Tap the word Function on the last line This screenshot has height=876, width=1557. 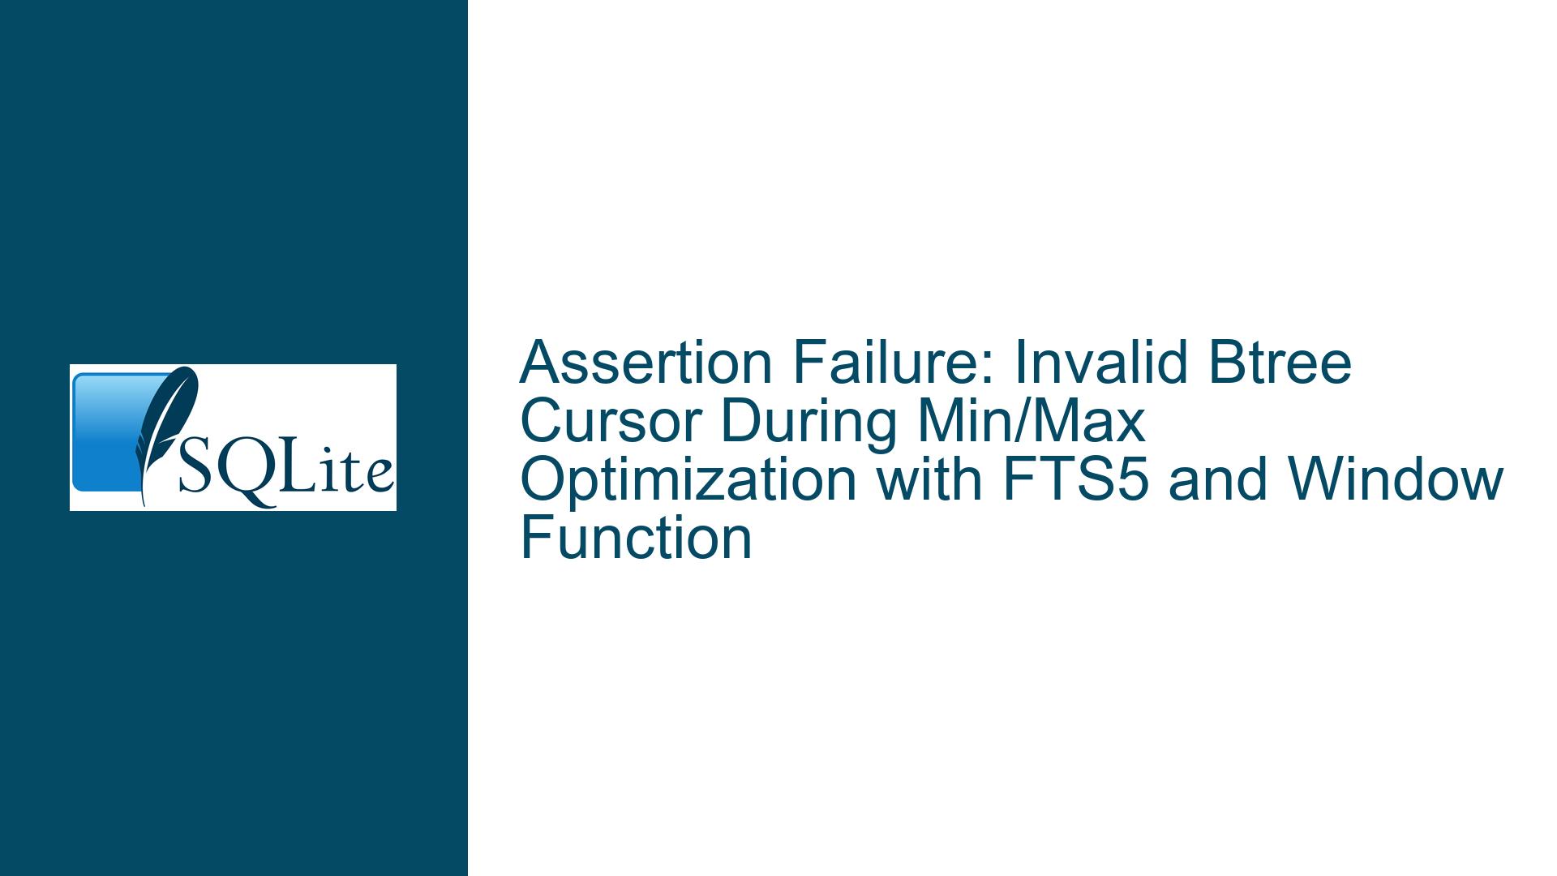(637, 538)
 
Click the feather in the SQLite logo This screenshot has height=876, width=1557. (166, 430)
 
